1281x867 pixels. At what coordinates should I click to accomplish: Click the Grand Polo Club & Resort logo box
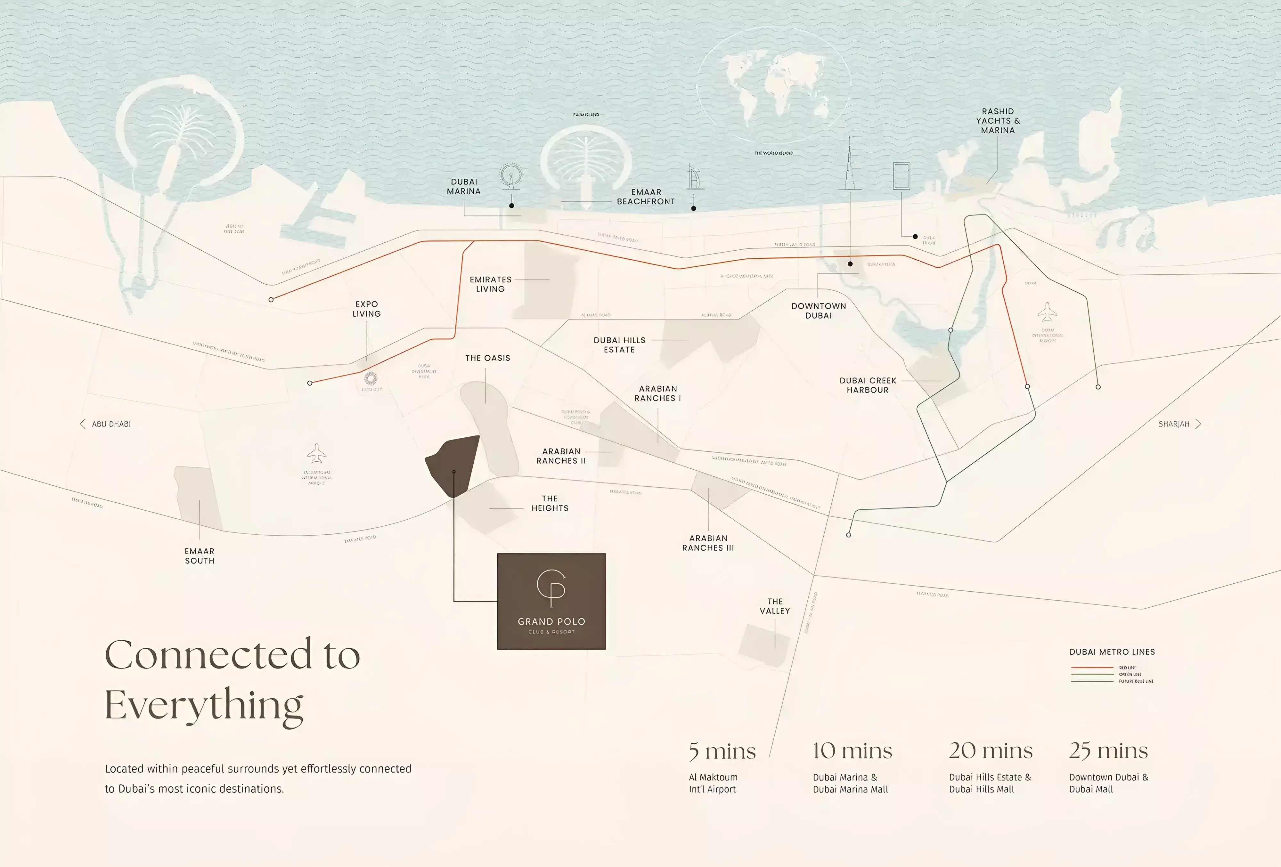click(x=551, y=601)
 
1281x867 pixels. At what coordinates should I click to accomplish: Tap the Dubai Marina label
click(x=464, y=186)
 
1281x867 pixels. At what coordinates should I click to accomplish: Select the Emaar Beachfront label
click(x=645, y=197)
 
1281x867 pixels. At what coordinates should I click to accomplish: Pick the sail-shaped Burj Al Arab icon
click(x=694, y=177)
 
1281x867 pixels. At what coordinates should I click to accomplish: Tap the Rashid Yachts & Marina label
click(x=998, y=121)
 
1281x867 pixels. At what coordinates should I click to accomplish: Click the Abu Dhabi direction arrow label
click(x=105, y=424)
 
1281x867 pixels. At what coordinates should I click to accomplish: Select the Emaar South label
click(x=200, y=555)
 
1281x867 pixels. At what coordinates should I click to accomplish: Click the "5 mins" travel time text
click(x=722, y=751)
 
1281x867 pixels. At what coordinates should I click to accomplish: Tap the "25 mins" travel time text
click(x=1108, y=751)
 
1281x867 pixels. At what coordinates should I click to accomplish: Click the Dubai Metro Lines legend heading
click(x=1112, y=652)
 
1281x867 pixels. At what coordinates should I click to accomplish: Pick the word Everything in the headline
click(x=204, y=706)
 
